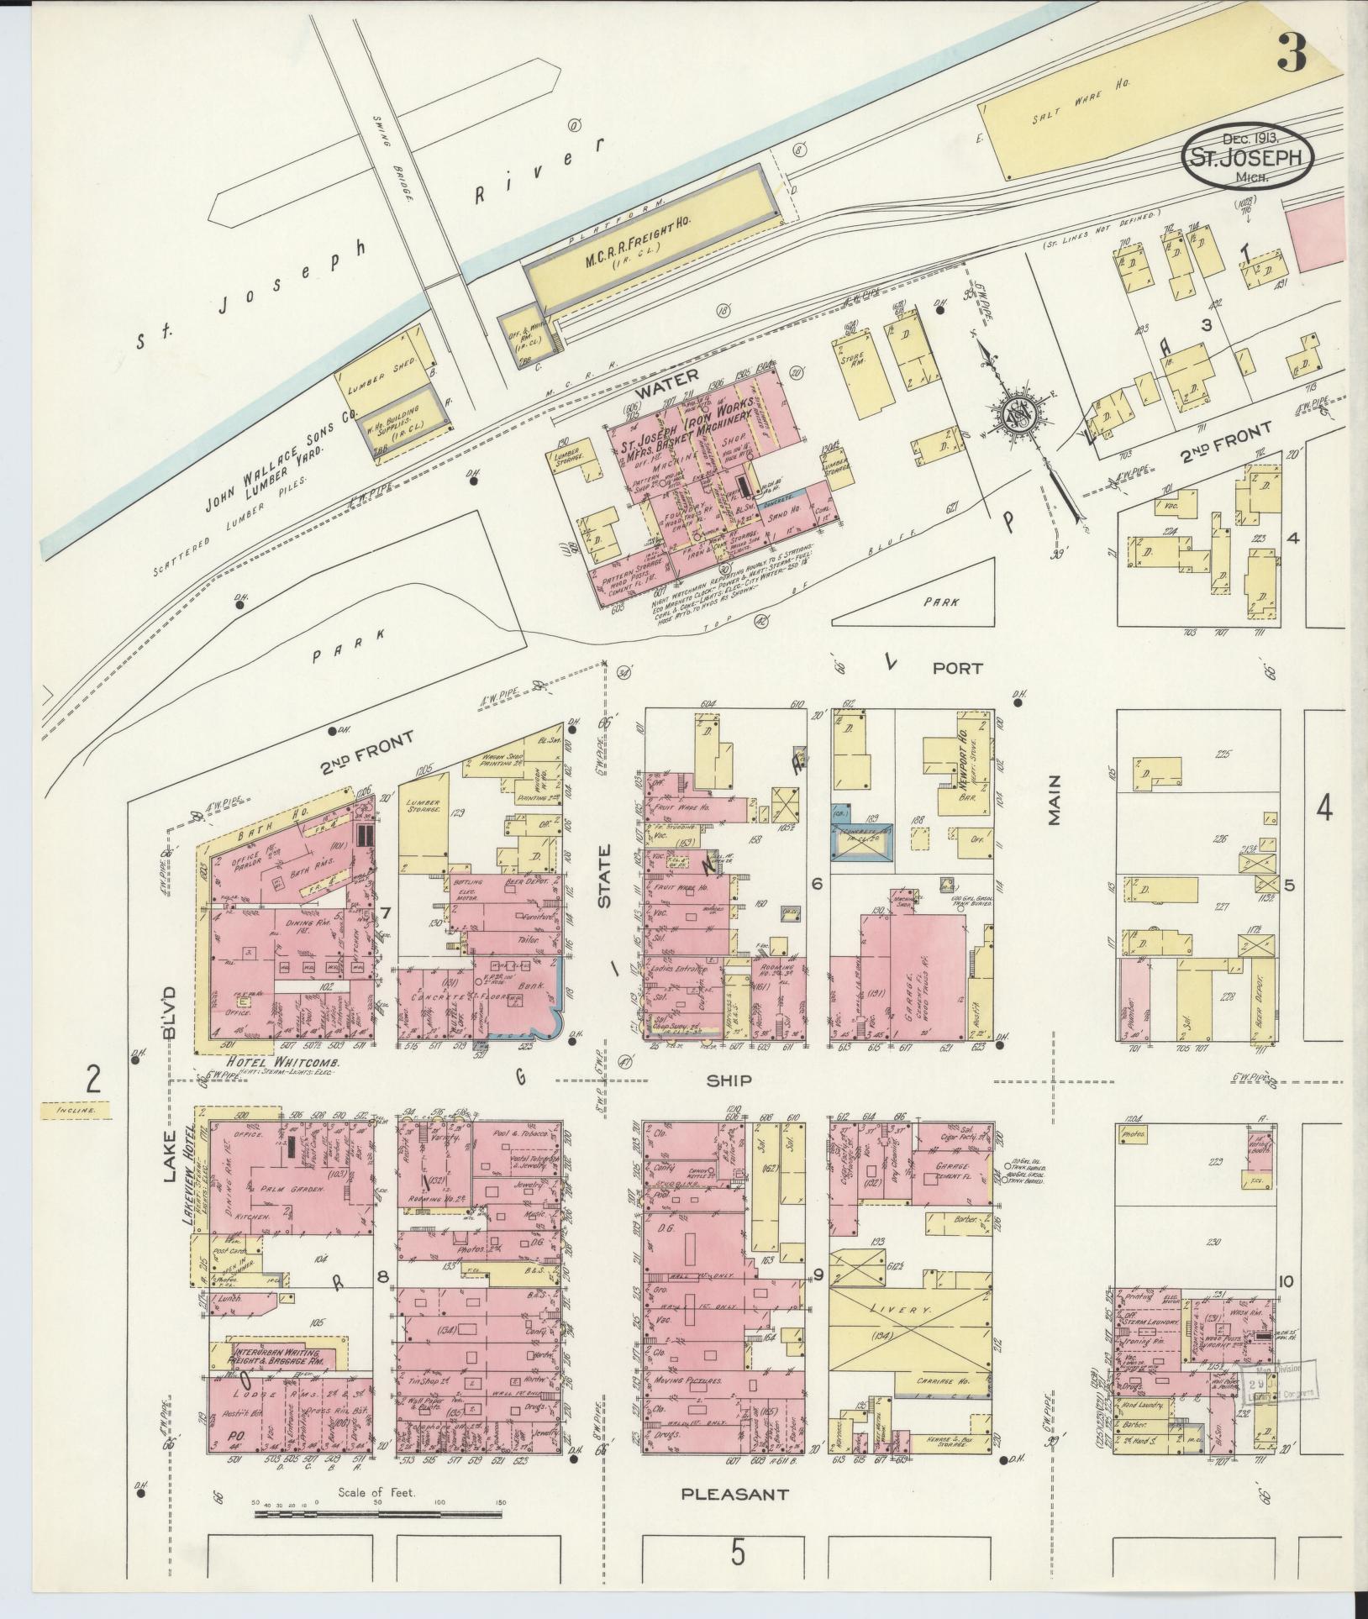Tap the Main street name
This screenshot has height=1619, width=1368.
coord(1054,802)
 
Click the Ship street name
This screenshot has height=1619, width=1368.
coord(729,1080)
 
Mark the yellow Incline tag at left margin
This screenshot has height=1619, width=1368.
coord(76,1110)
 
